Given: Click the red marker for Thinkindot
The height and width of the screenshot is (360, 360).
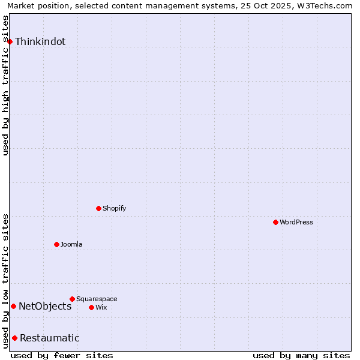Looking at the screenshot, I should click(10, 41).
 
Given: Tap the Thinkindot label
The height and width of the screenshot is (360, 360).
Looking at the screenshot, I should click(40, 42).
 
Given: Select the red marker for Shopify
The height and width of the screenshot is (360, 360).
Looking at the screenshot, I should click(98, 208).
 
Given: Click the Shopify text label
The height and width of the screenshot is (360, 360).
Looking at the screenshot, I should click(114, 209).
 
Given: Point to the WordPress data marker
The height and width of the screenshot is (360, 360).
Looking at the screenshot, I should click(275, 222).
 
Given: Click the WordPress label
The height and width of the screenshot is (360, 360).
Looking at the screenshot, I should click(296, 223).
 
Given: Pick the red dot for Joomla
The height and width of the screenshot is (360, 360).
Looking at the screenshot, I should click(56, 244).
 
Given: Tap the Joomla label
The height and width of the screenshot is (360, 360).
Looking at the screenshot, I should click(71, 245).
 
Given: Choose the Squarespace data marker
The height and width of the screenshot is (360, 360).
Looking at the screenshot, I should click(72, 299).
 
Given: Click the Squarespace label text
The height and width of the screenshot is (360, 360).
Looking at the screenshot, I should click(97, 299).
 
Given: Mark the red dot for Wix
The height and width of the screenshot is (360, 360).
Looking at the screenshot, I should click(91, 307).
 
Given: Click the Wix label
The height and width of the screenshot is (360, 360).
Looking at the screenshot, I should click(101, 308).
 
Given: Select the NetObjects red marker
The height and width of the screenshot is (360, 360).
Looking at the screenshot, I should click(13, 306).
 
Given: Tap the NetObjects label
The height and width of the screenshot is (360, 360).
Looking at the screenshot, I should click(45, 307).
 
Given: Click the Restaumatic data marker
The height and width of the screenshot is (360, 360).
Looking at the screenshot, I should click(14, 338).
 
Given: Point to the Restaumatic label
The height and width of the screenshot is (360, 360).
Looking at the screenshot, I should click(50, 338).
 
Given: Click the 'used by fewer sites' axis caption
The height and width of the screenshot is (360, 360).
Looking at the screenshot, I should click(62, 355).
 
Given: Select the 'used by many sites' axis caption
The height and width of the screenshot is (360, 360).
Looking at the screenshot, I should click(301, 355).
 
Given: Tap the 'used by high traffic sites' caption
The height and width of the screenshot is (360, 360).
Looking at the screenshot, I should click(6, 85).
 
